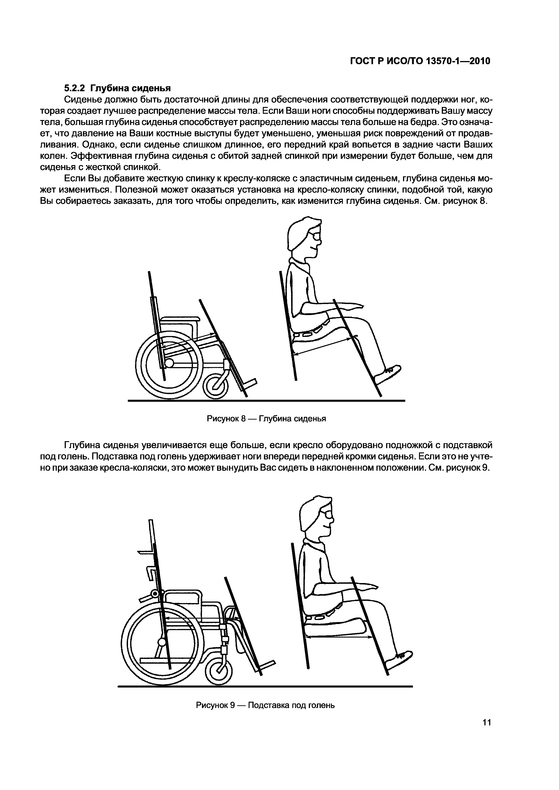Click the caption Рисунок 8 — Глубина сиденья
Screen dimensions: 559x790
pyautogui.click(x=266, y=419)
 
